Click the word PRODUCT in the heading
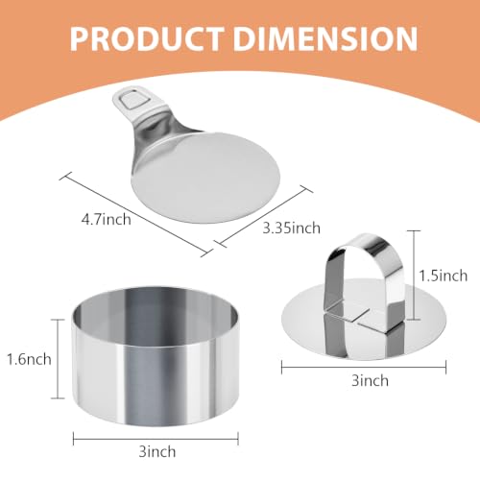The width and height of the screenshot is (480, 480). pos(147,38)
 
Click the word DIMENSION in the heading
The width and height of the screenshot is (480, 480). pos(325,38)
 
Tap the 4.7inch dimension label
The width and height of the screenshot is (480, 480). pos(106,220)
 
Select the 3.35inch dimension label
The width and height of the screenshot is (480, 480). pos(291,228)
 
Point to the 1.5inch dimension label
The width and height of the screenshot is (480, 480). pos(444,276)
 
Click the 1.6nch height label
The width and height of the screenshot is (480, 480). pos(29,359)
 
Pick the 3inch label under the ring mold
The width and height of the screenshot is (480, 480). pos(157,452)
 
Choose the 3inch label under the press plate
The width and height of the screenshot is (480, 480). pos(370,380)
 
